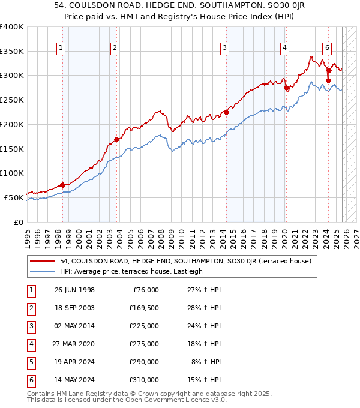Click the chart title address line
tap(179, 5)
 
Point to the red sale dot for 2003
tap(116, 139)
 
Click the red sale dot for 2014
tap(226, 112)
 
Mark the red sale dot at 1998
tap(62, 185)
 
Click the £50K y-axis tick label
tap(14, 197)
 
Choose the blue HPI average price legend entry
tap(131, 271)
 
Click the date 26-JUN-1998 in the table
tap(74, 290)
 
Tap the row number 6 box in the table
tap(30, 380)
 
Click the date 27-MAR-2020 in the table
tap(74, 344)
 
